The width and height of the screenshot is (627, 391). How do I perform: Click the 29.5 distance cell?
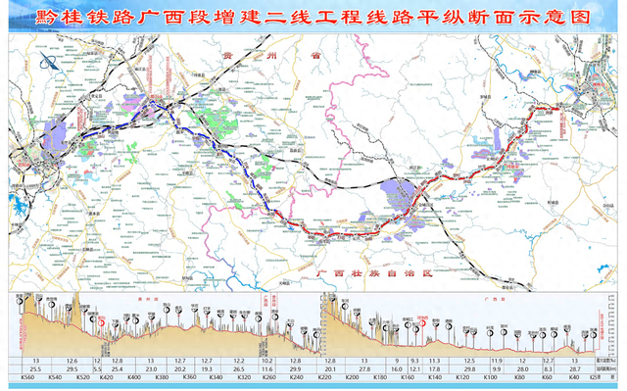tap(72, 368)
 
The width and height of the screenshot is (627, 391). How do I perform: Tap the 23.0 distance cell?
tap(151, 368)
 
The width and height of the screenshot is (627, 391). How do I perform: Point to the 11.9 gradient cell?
tap(497, 360)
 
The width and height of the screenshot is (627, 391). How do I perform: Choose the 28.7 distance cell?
tap(573, 368)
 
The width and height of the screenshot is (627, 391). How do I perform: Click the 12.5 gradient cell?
tap(469, 360)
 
